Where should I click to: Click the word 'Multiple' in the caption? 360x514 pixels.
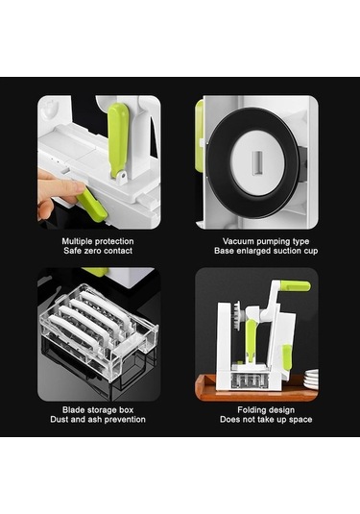click(78, 241)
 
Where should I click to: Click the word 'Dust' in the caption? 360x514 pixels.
click(59, 419)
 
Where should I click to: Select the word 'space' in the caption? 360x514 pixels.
click(300, 420)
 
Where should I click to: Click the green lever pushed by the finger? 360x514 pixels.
click(92, 205)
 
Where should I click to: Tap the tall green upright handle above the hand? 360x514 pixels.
click(118, 139)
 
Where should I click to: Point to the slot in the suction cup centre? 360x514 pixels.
click(258, 162)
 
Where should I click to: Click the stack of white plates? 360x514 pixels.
click(311, 379)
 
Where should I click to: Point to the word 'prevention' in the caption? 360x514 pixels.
click(125, 419)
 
